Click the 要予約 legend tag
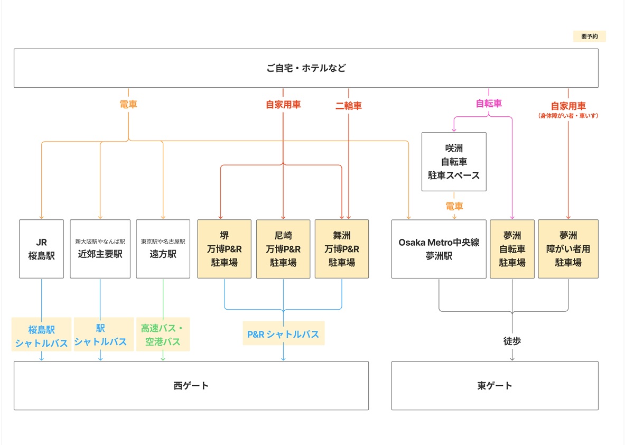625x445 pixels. click(x=589, y=36)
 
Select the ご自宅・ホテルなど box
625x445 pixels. click(x=306, y=68)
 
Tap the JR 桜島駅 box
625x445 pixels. click(x=41, y=249)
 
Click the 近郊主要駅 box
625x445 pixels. click(x=100, y=249)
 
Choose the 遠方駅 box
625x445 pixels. click(x=163, y=249)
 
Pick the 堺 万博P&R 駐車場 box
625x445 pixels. click(x=224, y=249)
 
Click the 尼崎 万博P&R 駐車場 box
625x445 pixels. click(x=283, y=249)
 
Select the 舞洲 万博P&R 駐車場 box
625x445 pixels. click(x=342, y=249)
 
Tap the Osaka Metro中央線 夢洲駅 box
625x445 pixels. click(x=439, y=249)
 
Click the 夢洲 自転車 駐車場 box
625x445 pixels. click(x=512, y=249)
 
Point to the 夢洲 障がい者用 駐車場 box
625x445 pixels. click(x=568, y=249)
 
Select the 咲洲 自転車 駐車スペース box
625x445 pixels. click(x=454, y=162)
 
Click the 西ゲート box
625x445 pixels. click(x=191, y=386)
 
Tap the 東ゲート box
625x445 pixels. click(x=495, y=386)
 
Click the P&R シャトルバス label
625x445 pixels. click(x=283, y=334)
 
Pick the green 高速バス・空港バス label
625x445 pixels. click(x=163, y=335)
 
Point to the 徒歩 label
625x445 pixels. click(x=512, y=341)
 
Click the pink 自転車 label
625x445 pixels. click(x=489, y=104)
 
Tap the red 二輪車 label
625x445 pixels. click(x=349, y=106)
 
